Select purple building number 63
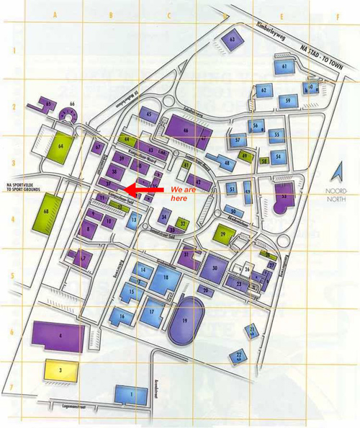coord(233,40)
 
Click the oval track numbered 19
coord(186,321)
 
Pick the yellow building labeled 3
coord(62,370)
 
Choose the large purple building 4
coord(59,336)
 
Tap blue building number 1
coord(130,394)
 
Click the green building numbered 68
coord(47,212)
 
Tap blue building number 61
coord(284,67)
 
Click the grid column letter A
coord(55,14)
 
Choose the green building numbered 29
coord(224,235)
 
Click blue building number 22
coord(238,355)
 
